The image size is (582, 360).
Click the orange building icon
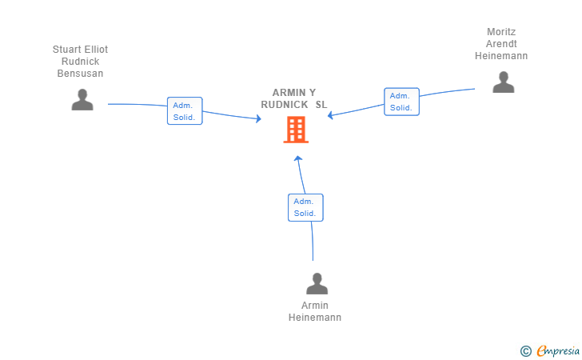296,130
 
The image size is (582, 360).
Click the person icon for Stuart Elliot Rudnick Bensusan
82,100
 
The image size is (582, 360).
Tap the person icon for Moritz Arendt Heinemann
504,82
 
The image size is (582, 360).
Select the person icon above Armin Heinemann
317,284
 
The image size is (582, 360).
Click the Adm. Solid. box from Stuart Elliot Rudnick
185,110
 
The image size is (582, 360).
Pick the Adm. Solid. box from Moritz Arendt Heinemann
401,102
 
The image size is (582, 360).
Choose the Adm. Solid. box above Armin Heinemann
305,207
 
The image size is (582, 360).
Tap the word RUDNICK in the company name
284,105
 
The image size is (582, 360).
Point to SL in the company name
321,105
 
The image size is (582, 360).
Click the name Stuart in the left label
68,50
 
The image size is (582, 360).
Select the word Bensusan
80,74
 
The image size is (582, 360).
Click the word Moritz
501,32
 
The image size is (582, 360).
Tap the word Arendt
501,44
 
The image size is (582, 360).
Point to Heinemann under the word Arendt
501,56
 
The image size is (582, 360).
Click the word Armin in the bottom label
315,306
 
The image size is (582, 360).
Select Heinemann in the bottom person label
315,318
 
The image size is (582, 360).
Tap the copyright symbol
525,350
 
